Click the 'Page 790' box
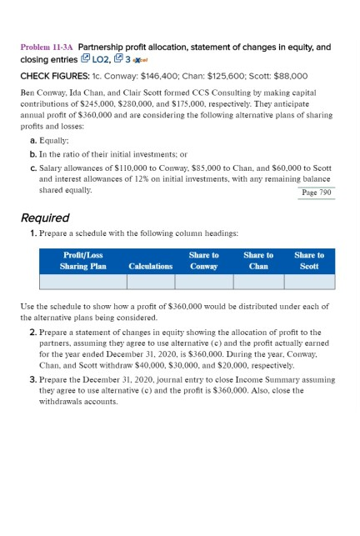tap(316, 192)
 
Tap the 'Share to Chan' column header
tap(258, 260)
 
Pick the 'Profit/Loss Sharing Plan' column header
tap(82, 260)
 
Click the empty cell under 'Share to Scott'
tap(309, 282)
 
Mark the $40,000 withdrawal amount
tap(151, 364)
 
